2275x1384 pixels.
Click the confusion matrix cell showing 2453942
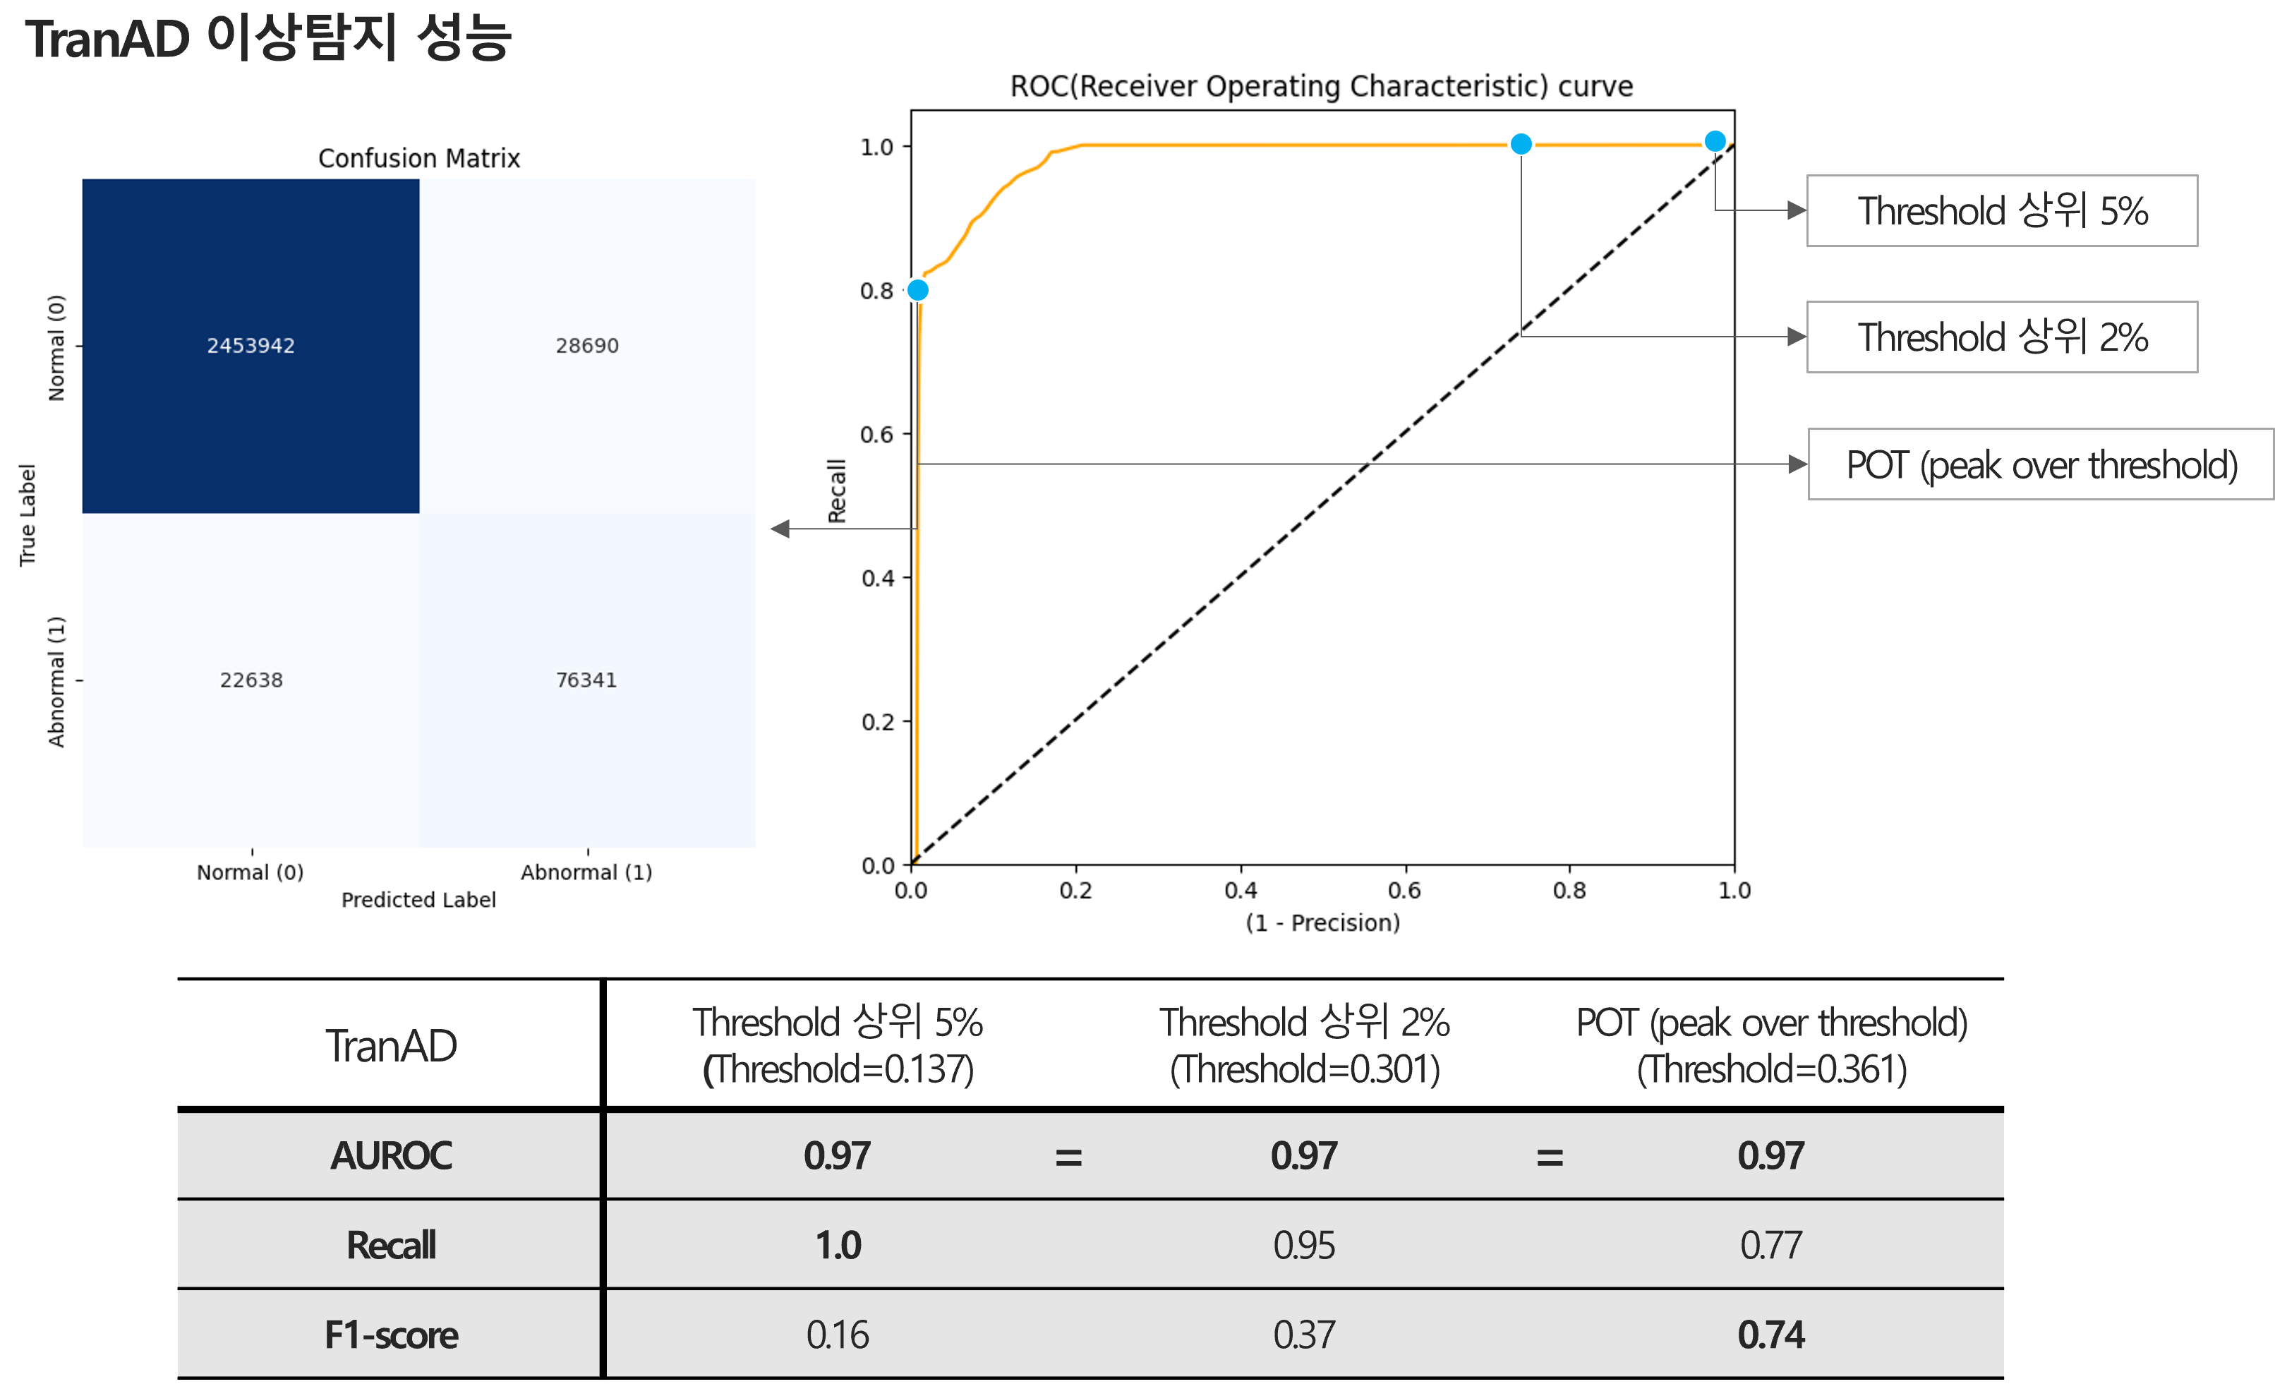tap(251, 345)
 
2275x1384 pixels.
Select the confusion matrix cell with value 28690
tap(587, 345)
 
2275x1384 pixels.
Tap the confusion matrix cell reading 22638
tap(251, 680)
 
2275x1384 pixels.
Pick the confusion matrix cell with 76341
tap(586, 680)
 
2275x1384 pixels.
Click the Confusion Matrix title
tap(419, 159)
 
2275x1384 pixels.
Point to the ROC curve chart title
tap(1321, 86)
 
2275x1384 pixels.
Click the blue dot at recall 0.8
tap(918, 290)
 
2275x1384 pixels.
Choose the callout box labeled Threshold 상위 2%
tap(2002, 337)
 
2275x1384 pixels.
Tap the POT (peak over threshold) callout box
tap(2041, 464)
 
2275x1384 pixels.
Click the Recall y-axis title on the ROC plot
tap(836, 491)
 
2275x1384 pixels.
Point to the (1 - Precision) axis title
tap(1322, 922)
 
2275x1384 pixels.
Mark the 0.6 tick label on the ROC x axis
tap(1404, 890)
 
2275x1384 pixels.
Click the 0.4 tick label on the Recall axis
tap(877, 578)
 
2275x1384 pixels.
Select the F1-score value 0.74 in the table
tap(1770, 1334)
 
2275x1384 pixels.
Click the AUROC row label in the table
tap(392, 1156)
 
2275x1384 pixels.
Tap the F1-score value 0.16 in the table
tap(838, 1334)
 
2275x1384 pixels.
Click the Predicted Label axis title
tap(418, 899)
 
